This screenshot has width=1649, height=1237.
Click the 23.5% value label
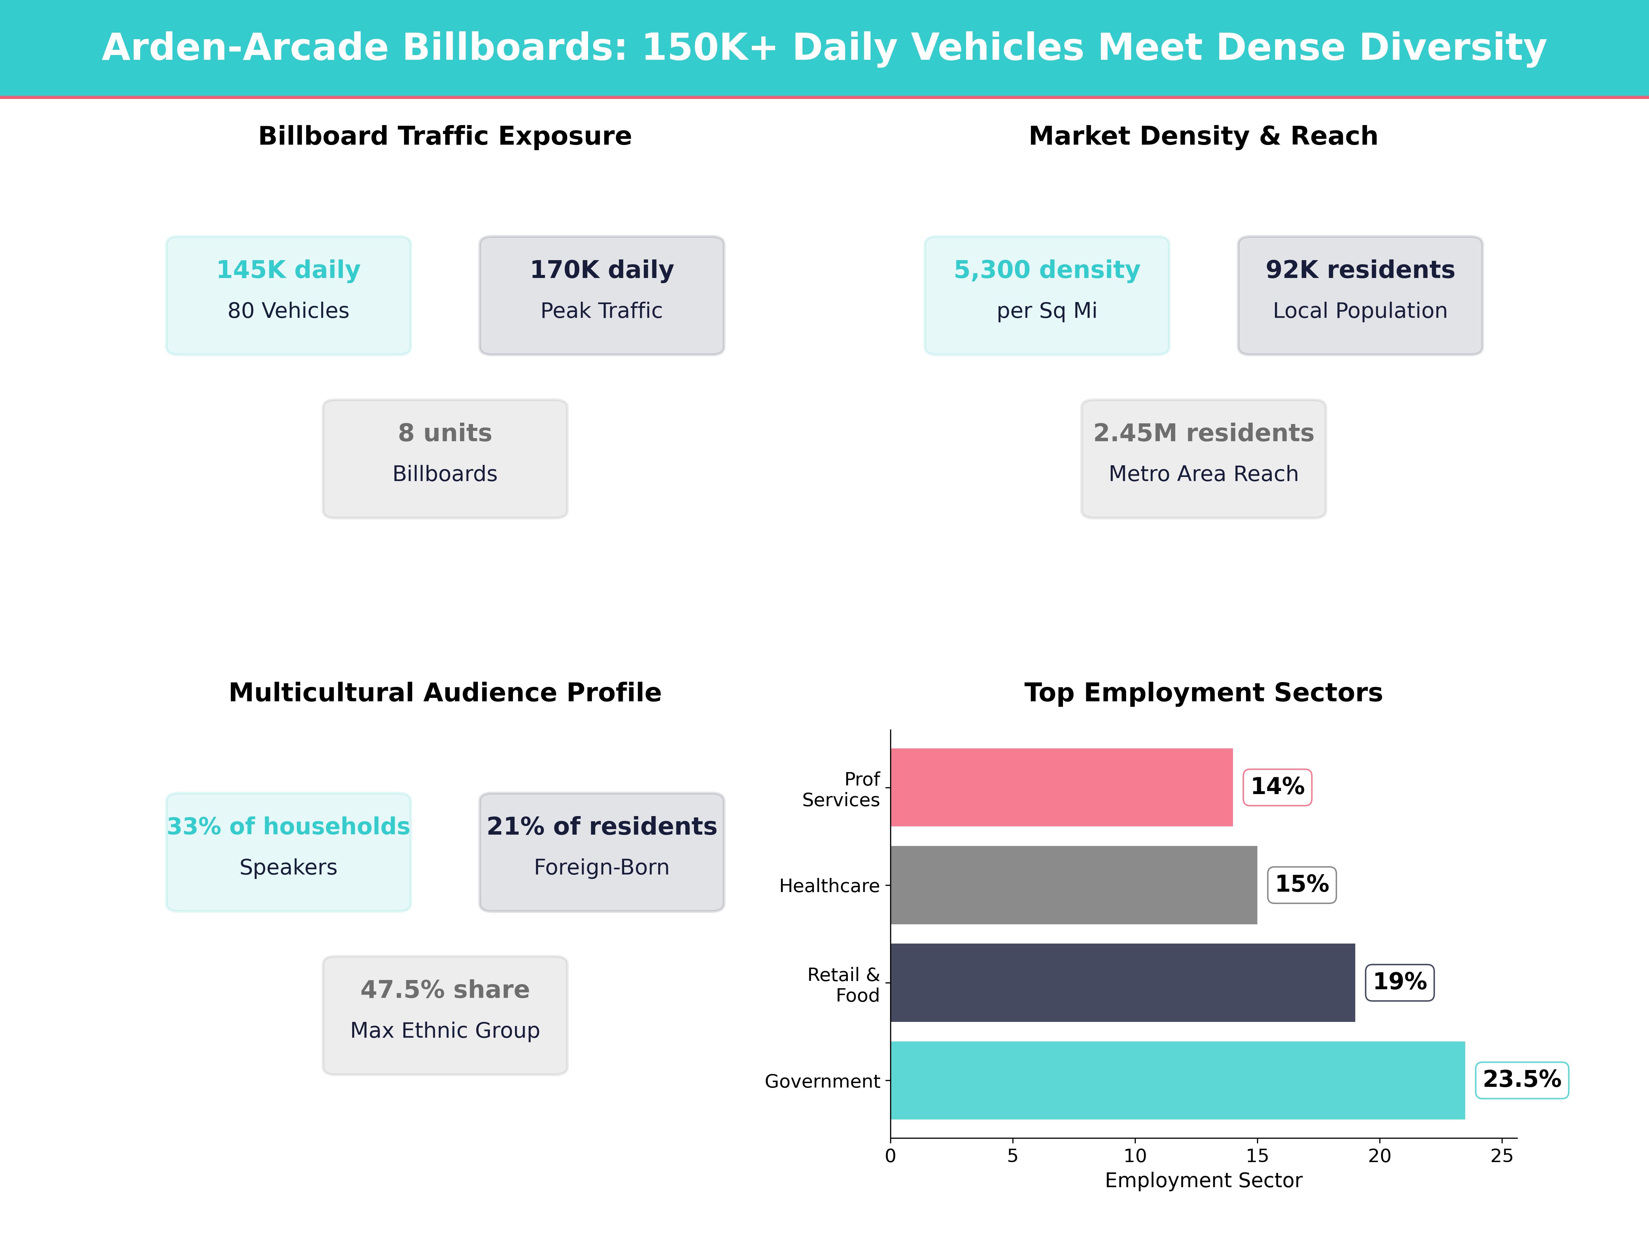[1522, 1080]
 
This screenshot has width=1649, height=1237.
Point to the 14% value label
[1277, 787]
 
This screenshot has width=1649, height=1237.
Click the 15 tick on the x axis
[1257, 1156]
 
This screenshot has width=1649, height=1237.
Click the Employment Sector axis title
[1203, 1180]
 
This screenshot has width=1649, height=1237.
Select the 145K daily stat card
[289, 295]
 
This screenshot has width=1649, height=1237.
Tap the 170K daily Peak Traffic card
[602, 295]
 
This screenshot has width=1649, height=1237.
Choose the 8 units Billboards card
[445, 459]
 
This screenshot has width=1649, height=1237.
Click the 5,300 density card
[1047, 295]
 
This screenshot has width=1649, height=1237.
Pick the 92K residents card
[1360, 295]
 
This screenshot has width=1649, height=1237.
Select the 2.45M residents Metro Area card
[1203, 459]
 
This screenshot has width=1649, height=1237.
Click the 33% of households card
[289, 851]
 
